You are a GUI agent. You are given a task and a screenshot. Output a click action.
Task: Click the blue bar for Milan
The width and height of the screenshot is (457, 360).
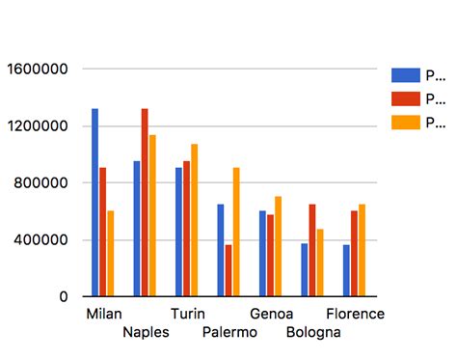[94, 203]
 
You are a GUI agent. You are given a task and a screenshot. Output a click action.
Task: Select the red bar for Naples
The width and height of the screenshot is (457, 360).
[145, 203]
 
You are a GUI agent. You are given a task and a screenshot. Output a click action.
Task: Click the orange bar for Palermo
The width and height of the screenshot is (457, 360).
[236, 232]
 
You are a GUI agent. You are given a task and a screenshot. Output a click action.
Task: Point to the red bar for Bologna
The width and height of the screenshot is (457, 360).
[311, 250]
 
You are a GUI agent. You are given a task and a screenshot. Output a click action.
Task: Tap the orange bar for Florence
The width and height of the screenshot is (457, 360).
[362, 250]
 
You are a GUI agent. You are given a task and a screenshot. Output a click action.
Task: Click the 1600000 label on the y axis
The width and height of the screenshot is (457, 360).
[36, 69]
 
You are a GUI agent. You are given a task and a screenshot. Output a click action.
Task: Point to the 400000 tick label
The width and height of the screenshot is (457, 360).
[40, 240]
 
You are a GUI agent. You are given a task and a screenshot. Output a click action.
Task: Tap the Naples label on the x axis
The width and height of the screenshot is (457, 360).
[147, 333]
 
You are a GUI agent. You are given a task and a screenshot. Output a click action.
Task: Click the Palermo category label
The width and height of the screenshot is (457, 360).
[230, 333]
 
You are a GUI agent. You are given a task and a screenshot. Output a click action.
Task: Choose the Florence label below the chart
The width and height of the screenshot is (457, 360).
[355, 315]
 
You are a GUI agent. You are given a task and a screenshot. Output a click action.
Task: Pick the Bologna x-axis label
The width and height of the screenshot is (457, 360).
[312, 333]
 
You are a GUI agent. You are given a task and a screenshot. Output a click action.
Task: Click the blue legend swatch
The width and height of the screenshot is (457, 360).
[406, 75]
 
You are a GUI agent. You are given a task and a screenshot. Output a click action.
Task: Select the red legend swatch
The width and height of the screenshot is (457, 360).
[406, 98]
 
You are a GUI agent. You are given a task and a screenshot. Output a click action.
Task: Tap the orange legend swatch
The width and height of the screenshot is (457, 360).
[406, 123]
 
